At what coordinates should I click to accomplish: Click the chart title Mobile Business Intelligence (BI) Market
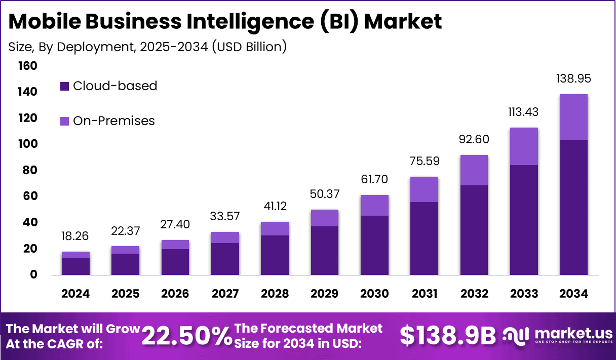pyautogui.click(x=225, y=21)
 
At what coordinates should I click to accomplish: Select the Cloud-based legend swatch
pyautogui.click(x=64, y=86)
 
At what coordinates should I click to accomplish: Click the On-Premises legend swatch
pyautogui.click(x=64, y=121)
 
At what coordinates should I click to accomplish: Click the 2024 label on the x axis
pyautogui.click(x=75, y=294)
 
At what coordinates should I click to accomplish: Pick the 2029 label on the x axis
pyautogui.click(x=325, y=294)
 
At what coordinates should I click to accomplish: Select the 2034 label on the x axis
pyautogui.click(x=573, y=294)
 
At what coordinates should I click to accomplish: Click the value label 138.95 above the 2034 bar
pyautogui.click(x=573, y=79)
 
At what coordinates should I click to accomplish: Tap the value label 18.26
pyautogui.click(x=75, y=236)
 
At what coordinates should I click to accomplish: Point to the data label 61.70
pyautogui.click(x=374, y=180)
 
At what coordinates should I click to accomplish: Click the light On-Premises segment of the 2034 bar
pyautogui.click(x=573, y=117)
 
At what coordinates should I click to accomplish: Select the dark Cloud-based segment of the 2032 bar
pyautogui.click(x=474, y=230)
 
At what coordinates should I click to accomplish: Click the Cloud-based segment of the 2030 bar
pyautogui.click(x=374, y=245)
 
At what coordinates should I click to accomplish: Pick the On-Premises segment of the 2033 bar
pyautogui.click(x=524, y=146)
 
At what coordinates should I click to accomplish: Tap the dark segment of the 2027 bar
pyautogui.click(x=225, y=259)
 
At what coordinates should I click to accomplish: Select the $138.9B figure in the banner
pyautogui.click(x=447, y=336)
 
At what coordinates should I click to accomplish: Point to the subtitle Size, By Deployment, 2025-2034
pyautogui.click(x=147, y=47)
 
